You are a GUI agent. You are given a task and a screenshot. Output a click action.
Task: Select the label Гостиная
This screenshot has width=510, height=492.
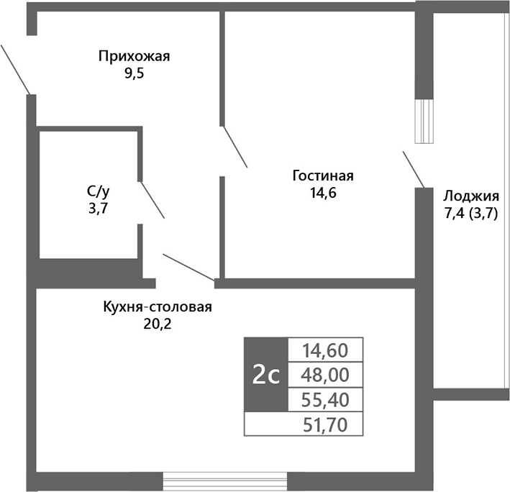click(x=323, y=176)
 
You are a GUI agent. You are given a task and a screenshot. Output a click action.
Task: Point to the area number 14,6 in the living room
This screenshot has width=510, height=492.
click(x=323, y=193)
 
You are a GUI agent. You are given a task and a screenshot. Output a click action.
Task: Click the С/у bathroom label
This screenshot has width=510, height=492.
click(x=99, y=191)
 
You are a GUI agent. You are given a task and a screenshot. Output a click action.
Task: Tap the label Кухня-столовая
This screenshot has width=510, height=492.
click(x=158, y=307)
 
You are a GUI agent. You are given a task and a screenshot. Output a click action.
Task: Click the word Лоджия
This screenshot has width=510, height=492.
click(x=471, y=196)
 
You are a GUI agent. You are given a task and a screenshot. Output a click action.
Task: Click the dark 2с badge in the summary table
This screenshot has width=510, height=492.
click(x=265, y=374)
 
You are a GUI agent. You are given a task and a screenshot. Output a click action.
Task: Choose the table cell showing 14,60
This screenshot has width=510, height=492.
click(x=326, y=350)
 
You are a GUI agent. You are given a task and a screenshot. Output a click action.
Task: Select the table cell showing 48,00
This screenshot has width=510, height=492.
click(x=326, y=374)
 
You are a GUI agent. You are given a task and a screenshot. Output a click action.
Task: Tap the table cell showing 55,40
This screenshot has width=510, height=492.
click(x=326, y=398)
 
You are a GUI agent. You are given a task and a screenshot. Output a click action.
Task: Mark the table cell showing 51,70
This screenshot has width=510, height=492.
click(x=326, y=424)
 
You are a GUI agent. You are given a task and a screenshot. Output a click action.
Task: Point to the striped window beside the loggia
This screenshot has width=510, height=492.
click(x=425, y=121)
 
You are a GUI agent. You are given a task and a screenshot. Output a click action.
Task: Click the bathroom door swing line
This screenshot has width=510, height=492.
click(x=152, y=200)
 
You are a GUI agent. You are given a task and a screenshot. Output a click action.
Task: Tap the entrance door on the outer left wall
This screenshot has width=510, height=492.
click(x=14, y=68)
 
